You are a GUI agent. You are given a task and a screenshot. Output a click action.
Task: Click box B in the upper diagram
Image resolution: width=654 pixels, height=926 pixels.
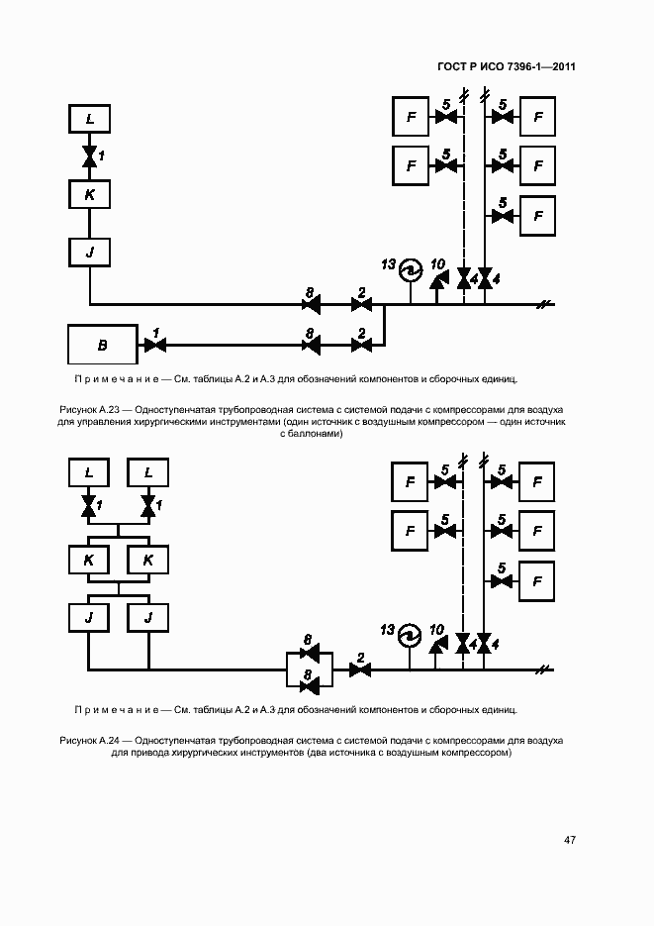coord(103,345)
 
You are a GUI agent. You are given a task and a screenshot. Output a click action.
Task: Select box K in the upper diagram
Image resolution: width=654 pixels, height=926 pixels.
coord(90,194)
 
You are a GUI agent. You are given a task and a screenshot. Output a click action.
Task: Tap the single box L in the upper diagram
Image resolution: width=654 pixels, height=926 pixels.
coord(90,118)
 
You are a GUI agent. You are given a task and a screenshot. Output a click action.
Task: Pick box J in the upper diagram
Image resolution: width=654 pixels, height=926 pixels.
coord(90,253)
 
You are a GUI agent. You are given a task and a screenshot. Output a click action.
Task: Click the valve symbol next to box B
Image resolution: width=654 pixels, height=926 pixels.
coord(155,345)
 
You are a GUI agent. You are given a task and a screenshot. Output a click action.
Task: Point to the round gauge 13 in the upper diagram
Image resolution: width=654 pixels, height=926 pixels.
coord(411,271)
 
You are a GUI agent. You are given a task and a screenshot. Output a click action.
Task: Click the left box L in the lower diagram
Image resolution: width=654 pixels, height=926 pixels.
coord(89,472)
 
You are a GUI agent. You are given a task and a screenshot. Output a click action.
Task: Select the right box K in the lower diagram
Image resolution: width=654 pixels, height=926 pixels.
coord(148,560)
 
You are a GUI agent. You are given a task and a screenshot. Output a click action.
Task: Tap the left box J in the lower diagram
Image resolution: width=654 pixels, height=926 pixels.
coord(89,618)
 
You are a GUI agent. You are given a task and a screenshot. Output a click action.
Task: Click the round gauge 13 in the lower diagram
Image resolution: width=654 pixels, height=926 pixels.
coord(410,636)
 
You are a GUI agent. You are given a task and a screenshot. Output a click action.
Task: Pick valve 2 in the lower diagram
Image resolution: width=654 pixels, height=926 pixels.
coord(360,669)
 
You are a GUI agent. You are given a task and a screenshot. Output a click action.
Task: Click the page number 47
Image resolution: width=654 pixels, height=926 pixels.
coord(570,840)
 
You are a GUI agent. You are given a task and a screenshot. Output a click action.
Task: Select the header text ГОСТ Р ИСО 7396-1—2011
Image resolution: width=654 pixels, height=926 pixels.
coord(507,66)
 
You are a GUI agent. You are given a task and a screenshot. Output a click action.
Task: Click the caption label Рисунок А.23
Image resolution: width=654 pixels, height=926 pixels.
coord(85,409)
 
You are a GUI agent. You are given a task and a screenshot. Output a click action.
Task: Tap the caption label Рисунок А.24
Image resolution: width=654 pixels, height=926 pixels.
coord(85,741)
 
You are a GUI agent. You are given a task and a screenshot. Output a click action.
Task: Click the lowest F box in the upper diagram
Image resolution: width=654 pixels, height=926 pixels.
coord(537,216)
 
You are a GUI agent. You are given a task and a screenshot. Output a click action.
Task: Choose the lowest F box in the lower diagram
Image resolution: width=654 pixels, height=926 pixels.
coord(536,581)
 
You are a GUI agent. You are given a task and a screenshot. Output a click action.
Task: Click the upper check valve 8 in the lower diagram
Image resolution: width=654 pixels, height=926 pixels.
coord(310,653)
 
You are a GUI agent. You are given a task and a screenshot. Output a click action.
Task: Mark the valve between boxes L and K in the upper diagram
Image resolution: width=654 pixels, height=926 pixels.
coord(90,156)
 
